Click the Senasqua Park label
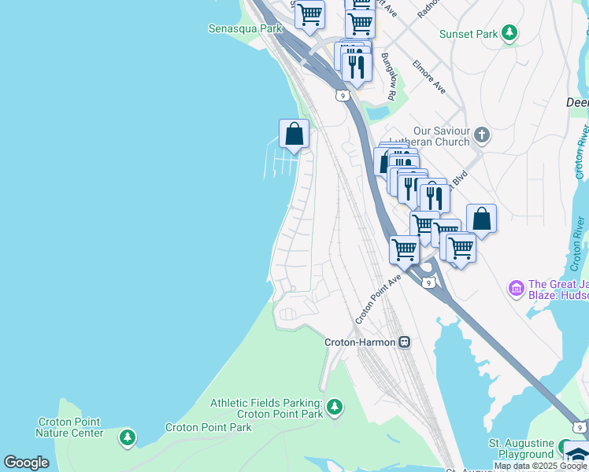tap(244, 28)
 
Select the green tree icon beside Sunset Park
tap(510, 32)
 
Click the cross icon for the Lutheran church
tap(482, 136)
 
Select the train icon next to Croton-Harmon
tap(404, 342)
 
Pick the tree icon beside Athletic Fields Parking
tap(335, 407)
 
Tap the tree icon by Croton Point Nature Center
tap(127, 437)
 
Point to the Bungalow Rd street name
tap(388, 76)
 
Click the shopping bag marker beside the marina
tap(294, 134)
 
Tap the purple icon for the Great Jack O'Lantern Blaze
tap(517, 289)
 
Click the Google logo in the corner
tap(26, 463)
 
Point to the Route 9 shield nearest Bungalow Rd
tap(341, 95)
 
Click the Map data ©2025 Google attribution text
tap(540, 466)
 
